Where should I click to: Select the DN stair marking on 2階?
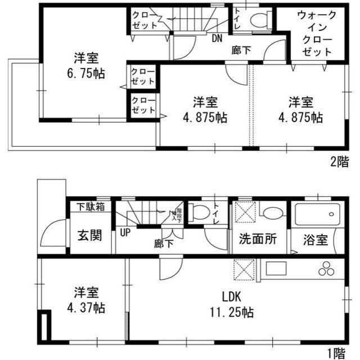coord(217,39)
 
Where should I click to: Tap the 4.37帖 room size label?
coord(87,309)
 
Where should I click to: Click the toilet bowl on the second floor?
coord(259,21)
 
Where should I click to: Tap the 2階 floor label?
coord(339,162)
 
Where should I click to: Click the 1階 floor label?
coord(339,353)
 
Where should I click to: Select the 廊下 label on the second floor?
coord(241,50)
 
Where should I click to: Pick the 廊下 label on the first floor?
coord(164,244)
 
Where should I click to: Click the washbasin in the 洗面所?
coord(272,213)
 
